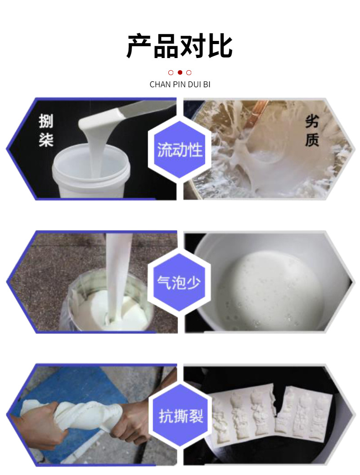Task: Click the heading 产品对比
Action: (x=180, y=46)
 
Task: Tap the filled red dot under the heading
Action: (x=180, y=72)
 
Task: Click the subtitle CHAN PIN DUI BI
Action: (x=180, y=85)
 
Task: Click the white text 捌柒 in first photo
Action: (x=46, y=131)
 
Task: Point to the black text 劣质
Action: (x=312, y=131)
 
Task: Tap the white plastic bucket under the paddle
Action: (x=90, y=175)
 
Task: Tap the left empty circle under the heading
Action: (x=171, y=72)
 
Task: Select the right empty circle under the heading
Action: (x=189, y=72)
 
